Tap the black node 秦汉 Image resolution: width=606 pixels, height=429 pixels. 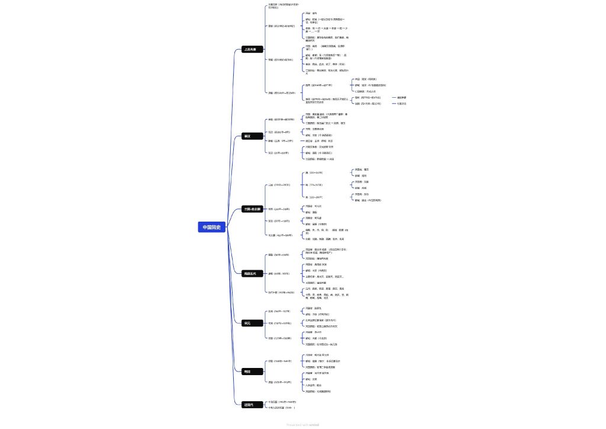[247, 136]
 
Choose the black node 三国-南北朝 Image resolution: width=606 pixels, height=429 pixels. [253, 209]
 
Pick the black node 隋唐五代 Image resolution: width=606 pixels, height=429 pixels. [250, 273]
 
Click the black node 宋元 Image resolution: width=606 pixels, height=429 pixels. [247, 323]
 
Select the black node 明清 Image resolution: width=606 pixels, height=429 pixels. [247, 372]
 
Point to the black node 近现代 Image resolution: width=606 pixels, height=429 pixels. [249, 405]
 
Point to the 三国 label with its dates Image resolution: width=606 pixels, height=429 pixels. [279, 185]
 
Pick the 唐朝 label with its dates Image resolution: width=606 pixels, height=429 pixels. [278, 274]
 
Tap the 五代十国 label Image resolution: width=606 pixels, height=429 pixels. [281, 292]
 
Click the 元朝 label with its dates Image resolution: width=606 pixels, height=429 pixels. [279, 338]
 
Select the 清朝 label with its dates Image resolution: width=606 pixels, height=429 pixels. [279, 382]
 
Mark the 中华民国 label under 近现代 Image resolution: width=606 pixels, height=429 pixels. [281, 402]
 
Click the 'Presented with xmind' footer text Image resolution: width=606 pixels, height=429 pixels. [303, 424]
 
